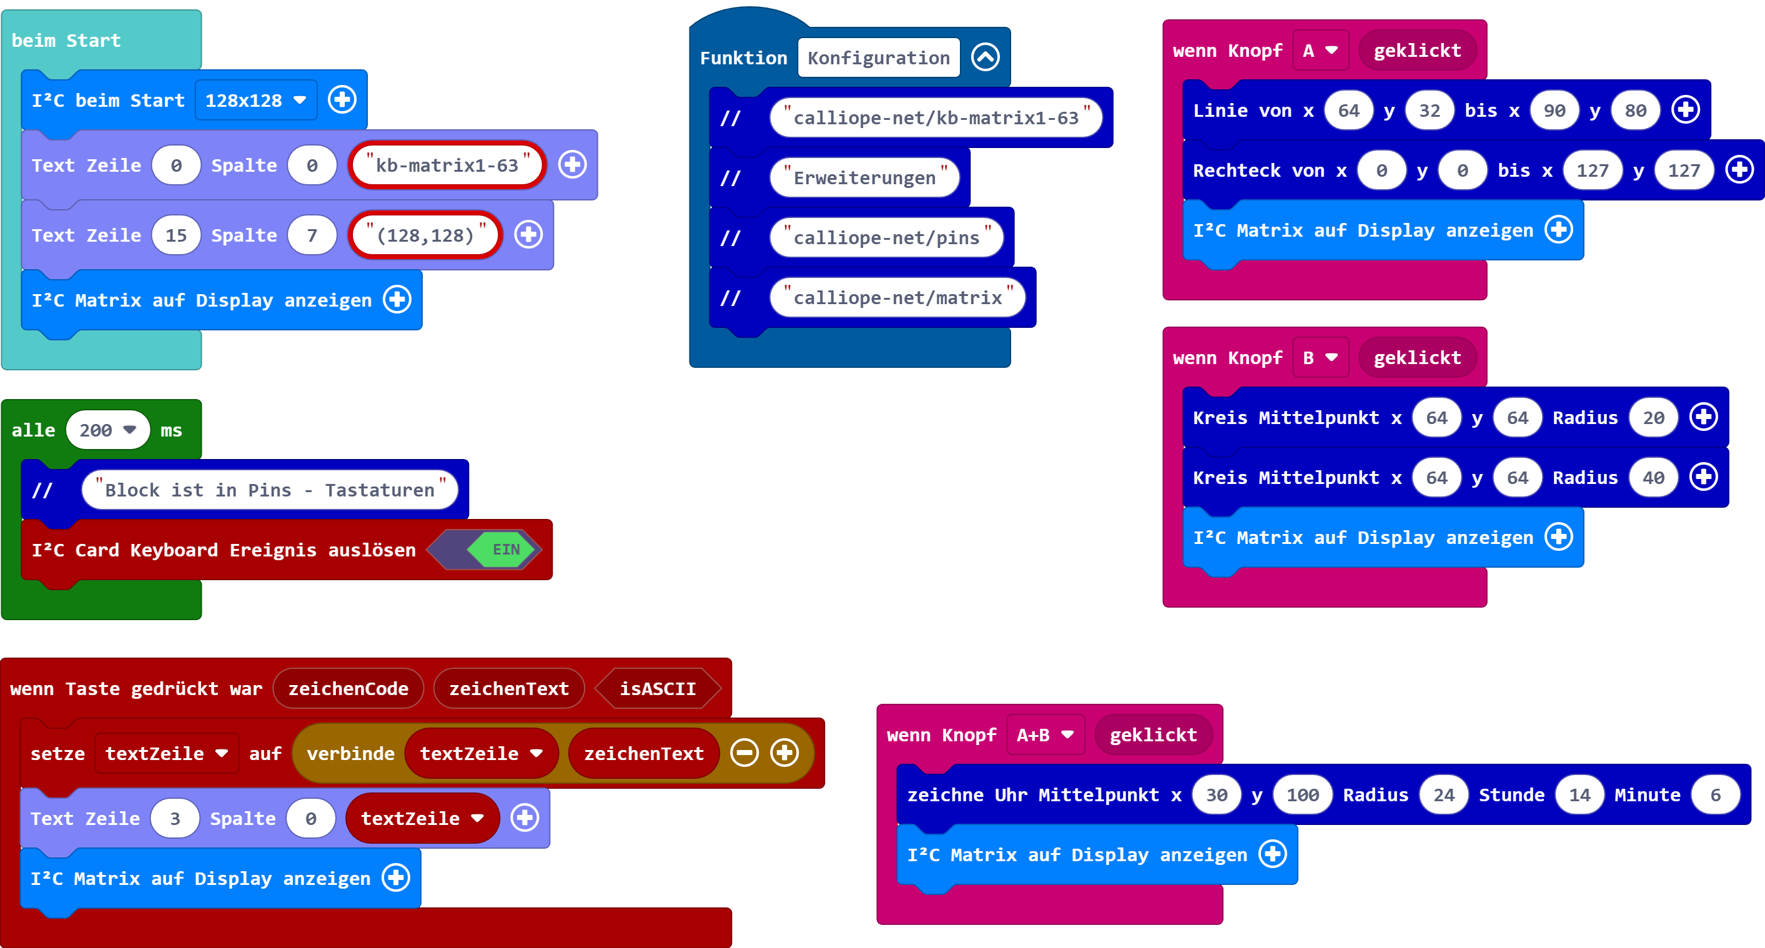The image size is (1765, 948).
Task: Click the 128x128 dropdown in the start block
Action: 255,101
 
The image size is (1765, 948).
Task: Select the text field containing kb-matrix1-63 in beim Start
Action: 447,165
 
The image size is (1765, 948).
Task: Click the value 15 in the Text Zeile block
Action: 176,235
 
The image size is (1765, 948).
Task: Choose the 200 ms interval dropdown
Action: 107,430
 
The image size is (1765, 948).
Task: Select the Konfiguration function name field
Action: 878,58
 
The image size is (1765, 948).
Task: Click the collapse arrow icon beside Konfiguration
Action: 986,57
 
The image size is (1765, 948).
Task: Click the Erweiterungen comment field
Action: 864,178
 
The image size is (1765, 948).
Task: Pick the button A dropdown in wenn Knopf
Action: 1320,51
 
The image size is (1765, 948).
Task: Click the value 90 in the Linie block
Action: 1554,111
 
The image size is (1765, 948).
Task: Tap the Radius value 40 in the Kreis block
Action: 1653,477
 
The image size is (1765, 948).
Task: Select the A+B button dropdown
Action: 1045,735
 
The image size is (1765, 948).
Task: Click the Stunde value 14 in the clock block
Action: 1580,794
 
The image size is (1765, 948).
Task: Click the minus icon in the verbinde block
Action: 744,753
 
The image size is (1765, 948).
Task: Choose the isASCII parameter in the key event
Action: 658,688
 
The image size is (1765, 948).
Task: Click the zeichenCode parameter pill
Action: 348,688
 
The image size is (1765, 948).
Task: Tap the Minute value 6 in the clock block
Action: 1715,794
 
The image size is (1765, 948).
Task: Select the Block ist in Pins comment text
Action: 269,490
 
